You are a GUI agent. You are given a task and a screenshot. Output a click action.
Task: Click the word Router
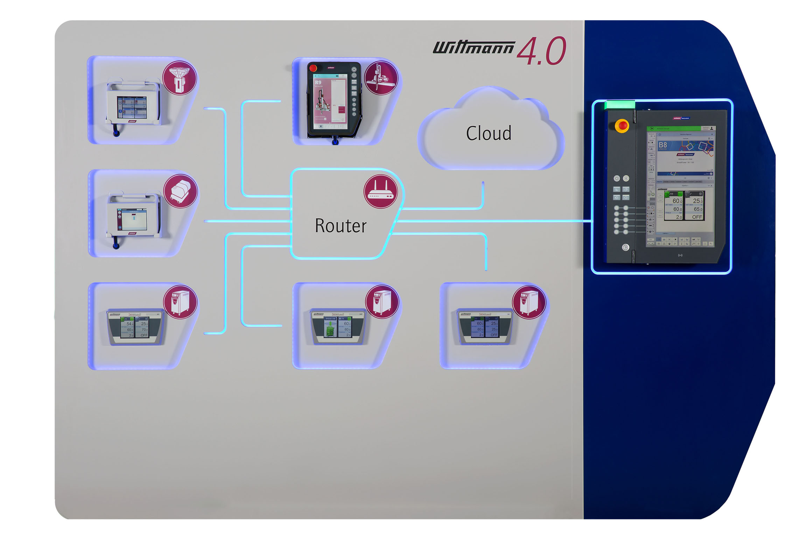[x=341, y=226]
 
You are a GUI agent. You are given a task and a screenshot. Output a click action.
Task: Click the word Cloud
[x=489, y=133]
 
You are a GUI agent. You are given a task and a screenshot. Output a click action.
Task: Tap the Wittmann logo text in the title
[x=474, y=48]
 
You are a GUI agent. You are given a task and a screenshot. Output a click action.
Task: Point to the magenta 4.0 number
[x=541, y=51]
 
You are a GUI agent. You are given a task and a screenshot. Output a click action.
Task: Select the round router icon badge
[x=380, y=191]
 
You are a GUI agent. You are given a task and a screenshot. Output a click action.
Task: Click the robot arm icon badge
[x=381, y=78]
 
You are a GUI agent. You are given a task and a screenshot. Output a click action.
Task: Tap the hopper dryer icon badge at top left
[x=180, y=78]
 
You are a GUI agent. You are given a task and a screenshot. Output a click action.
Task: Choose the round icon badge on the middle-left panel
[x=181, y=191]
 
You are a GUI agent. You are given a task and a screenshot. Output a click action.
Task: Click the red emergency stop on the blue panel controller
[x=622, y=125]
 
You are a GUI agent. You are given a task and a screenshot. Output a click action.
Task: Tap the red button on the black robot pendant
[x=313, y=68]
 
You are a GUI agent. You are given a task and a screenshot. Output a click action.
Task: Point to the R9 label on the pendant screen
[x=318, y=83]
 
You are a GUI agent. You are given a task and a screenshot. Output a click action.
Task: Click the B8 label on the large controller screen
[x=663, y=145]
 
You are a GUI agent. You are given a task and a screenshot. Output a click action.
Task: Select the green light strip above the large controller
[x=619, y=105]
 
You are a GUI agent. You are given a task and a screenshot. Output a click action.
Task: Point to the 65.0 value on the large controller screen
[x=698, y=209]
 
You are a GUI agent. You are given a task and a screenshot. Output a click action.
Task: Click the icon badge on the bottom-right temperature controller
[x=528, y=302]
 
